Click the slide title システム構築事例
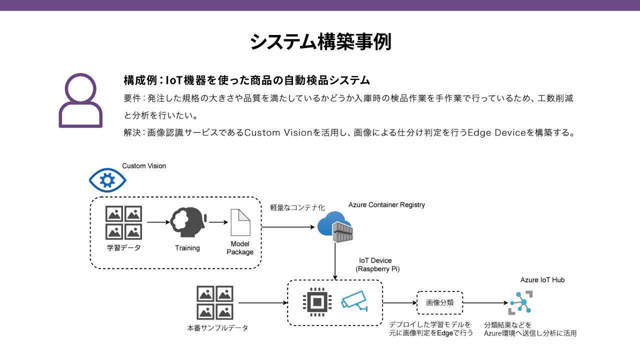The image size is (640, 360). tap(320, 42)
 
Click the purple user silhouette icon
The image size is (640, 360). tap(80, 100)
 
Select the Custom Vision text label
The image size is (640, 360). tap(144, 166)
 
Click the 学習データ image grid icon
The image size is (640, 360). tap(123, 222)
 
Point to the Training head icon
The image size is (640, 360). tap(187, 222)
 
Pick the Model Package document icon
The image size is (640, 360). tap(240, 222)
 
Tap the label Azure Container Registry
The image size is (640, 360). tap(386, 204)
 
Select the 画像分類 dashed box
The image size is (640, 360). tap(440, 302)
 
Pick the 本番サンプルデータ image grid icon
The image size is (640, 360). tap(215, 302)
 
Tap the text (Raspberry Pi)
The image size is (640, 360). tap(377, 269)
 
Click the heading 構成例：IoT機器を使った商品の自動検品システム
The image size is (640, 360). tap(246, 80)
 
